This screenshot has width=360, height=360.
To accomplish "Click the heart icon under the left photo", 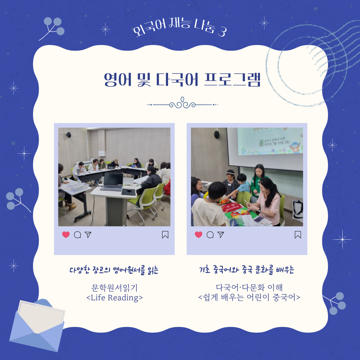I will pyautogui.click(x=66, y=235).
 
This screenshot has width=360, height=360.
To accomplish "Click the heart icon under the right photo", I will pyautogui.click(x=199, y=235).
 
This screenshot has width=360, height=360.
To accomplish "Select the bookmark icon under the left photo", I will pyautogui.click(x=165, y=235).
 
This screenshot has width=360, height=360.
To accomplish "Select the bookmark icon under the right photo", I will pyautogui.click(x=298, y=235).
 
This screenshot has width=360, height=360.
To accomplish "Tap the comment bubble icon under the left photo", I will pyautogui.click(x=77, y=235).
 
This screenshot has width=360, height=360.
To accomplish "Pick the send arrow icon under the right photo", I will pyautogui.click(x=221, y=235).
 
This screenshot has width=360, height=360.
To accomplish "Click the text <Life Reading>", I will pyautogui.click(x=114, y=297).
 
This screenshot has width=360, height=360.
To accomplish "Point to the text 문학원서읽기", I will pyautogui.click(x=114, y=287).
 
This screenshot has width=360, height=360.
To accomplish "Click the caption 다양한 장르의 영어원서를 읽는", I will pyautogui.click(x=114, y=270).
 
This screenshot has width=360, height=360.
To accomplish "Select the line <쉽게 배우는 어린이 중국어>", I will pyautogui.click(x=249, y=297).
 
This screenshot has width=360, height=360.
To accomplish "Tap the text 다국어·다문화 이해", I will pyautogui.click(x=249, y=287).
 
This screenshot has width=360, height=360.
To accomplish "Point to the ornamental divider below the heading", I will pyautogui.click(x=182, y=104).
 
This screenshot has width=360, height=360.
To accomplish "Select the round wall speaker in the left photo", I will pyautogui.click(x=68, y=135).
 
